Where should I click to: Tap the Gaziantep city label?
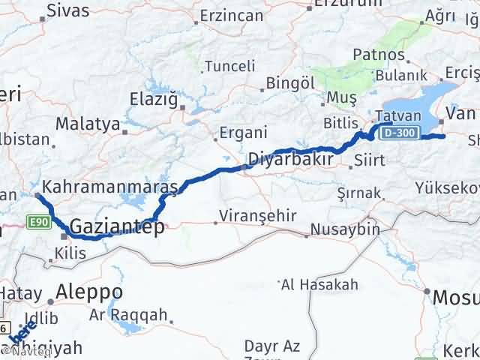(115, 226)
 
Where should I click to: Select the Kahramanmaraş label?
(110, 184)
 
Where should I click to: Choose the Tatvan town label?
(393, 116)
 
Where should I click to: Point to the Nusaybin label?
(345, 228)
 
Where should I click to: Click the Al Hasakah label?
(318, 284)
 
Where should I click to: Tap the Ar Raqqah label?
(128, 315)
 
